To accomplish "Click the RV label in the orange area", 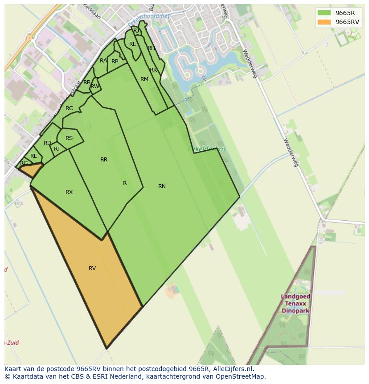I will coord(92,268).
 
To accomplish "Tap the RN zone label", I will coord(162,186).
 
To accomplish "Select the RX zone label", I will coord(69,192).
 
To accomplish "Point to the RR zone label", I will coord(104,160).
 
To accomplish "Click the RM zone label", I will coord(144,79).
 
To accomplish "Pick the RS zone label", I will coord(69,138).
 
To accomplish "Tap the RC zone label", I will coord(69,108).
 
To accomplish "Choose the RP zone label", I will coord(115,62).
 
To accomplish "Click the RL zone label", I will coord(132,44).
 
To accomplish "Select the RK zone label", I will coord(153,70).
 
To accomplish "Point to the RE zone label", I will coord(34,156).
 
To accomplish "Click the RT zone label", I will coord(57,149).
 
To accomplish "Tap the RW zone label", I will coord(95,87).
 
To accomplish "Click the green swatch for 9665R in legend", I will coord(324,13).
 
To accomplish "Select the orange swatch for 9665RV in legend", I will coord(324,22).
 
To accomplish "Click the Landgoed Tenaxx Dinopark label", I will coord(296,304).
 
